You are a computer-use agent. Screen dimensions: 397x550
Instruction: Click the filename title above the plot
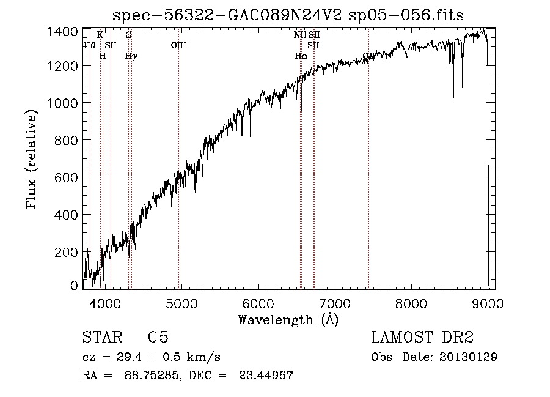click(290, 15)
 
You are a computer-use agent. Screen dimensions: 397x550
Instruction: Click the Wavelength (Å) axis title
click(288, 319)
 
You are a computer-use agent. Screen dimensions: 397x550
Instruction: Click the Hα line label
click(301, 56)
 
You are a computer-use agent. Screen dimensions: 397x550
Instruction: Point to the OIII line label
click(178, 45)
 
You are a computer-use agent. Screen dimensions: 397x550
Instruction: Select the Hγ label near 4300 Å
click(131, 56)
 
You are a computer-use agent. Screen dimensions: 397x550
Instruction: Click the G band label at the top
click(128, 35)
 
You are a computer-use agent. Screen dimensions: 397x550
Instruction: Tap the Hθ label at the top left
click(90, 45)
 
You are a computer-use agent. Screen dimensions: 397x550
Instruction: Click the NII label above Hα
click(299, 35)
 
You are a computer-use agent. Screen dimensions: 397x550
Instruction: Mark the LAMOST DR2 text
click(422, 338)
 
